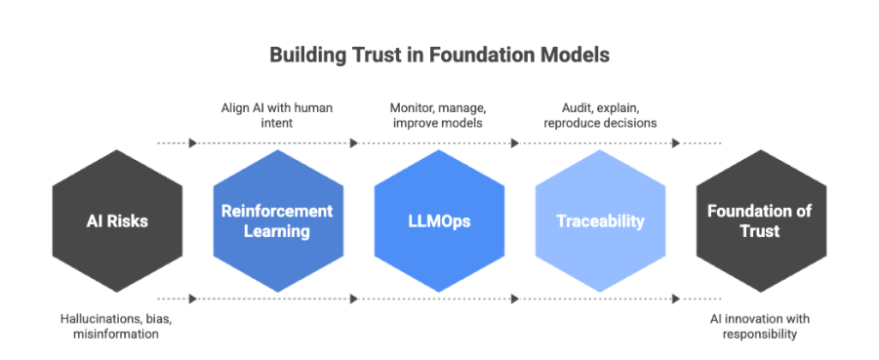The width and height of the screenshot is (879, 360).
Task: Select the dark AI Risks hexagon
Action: [x=117, y=220]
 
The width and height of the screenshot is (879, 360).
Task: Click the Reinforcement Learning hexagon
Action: [x=277, y=220]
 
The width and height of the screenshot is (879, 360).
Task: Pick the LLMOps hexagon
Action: [x=439, y=220]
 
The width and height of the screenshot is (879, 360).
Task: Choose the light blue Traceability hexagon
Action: [x=600, y=220]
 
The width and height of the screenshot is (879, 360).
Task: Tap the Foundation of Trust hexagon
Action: [x=761, y=220]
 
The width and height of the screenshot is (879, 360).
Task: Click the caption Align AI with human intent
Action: [x=278, y=113]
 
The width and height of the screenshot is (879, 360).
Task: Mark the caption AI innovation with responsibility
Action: [x=760, y=327]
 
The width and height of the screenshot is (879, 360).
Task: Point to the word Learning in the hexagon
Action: [x=278, y=231]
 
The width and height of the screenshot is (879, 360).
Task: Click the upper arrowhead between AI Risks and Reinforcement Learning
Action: [x=193, y=142]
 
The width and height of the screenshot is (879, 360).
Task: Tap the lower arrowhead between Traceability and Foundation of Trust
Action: [x=675, y=298]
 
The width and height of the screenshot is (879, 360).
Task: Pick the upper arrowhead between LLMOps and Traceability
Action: [x=514, y=142]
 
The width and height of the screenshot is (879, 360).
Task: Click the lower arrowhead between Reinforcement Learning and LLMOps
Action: [x=353, y=298]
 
